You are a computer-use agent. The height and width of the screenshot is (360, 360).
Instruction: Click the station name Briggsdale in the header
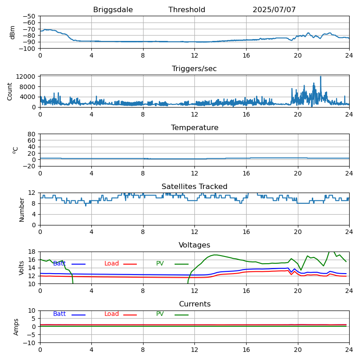pyautogui.click(x=113, y=10)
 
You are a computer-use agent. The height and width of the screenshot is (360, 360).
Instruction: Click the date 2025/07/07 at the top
pyautogui.click(x=274, y=10)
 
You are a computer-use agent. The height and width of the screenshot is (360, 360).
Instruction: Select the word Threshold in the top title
pyautogui.click(x=187, y=10)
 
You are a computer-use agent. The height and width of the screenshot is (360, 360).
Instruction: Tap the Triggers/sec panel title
pyautogui.click(x=194, y=69)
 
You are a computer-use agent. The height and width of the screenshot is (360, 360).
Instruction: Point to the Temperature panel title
pyautogui.click(x=194, y=128)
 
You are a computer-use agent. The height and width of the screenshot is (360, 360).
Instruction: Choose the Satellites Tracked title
pyautogui.click(x=194, y=187)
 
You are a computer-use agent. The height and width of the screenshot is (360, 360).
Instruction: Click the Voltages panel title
pyautogui.click(x=194, y=245)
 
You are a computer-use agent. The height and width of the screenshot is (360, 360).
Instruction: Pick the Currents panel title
pyautogui.click(x=194, y=304)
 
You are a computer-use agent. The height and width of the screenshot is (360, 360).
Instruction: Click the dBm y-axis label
pyautogui.click(x=13, y=32)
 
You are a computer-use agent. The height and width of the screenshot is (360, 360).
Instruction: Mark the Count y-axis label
pyautogui.click(x=10, y=91)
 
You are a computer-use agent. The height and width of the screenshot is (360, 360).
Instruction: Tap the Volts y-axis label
pyautogui.click(x=22, y=268)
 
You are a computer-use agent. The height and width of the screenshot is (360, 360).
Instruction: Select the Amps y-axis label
pyautogui.click(x=16, y=327)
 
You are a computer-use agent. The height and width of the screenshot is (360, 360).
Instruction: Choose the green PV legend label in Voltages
pyautogui.click(x=161, y=264)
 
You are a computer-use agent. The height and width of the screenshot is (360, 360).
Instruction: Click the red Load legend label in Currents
pyautogui.click(x=112, y=314)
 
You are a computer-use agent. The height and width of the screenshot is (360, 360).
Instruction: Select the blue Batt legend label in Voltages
pyautogui.click(x=59, y=264)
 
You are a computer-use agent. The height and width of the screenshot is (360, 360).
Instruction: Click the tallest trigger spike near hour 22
pyautogui.click(x=321, y=77)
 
